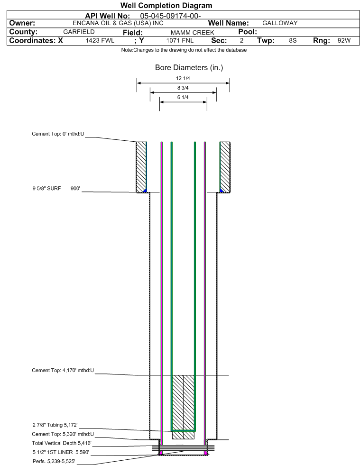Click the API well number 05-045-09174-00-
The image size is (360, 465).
click(170, 16)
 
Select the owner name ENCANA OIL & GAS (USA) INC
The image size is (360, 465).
click(118, 23)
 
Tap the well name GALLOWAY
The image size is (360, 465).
click(280, 23)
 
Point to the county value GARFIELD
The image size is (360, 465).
click(79, 32)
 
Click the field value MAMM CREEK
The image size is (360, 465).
click(192, 32)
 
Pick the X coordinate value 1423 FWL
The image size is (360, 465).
click(100, 41)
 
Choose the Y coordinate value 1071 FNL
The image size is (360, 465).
click(180, 41)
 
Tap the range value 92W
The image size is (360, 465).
click(344, 41)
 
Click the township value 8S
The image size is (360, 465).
click(293, 41)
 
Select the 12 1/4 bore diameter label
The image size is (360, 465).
click(183, 78)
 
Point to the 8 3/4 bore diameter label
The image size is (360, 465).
click(183, 88)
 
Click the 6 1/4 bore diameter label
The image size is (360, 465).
click(183, 97)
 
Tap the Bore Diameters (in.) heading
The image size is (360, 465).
click(189, 68)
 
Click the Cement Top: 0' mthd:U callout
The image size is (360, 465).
click(58, 134)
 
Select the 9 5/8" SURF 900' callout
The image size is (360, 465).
click(56, 188)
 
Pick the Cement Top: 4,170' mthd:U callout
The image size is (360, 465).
click(63, 370)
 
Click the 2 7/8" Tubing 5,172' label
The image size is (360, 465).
click(55, 425)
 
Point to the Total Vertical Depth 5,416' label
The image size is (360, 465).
click(62, 443)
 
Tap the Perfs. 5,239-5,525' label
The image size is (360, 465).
click(54, 461)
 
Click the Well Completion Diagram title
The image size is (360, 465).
click(166, 5)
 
